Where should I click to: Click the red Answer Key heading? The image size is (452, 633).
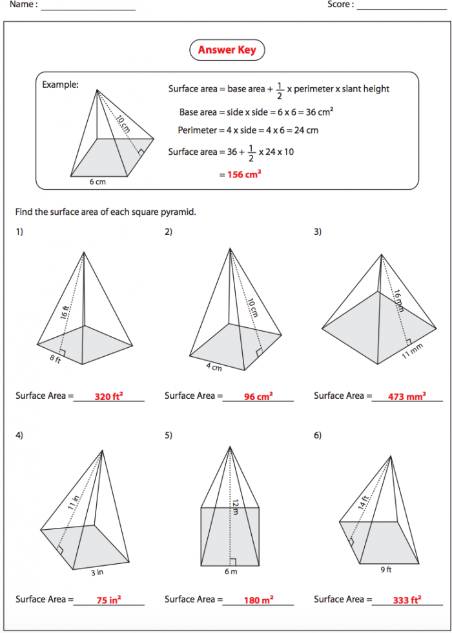point(227,50)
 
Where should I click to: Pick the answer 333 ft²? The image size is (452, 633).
point(407,600)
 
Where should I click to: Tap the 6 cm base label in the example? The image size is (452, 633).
point(98,182)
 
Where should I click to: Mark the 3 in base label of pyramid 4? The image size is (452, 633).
point(97,572)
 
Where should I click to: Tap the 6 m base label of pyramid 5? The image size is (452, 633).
point(231,572)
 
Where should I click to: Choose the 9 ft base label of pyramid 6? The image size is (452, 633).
point(387,570)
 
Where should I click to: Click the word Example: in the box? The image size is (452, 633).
point(60,85)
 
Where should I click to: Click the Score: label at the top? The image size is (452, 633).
point(340,5)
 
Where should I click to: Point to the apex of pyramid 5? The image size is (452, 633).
point(231,446)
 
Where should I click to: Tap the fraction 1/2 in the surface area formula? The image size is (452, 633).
point(279,89)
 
